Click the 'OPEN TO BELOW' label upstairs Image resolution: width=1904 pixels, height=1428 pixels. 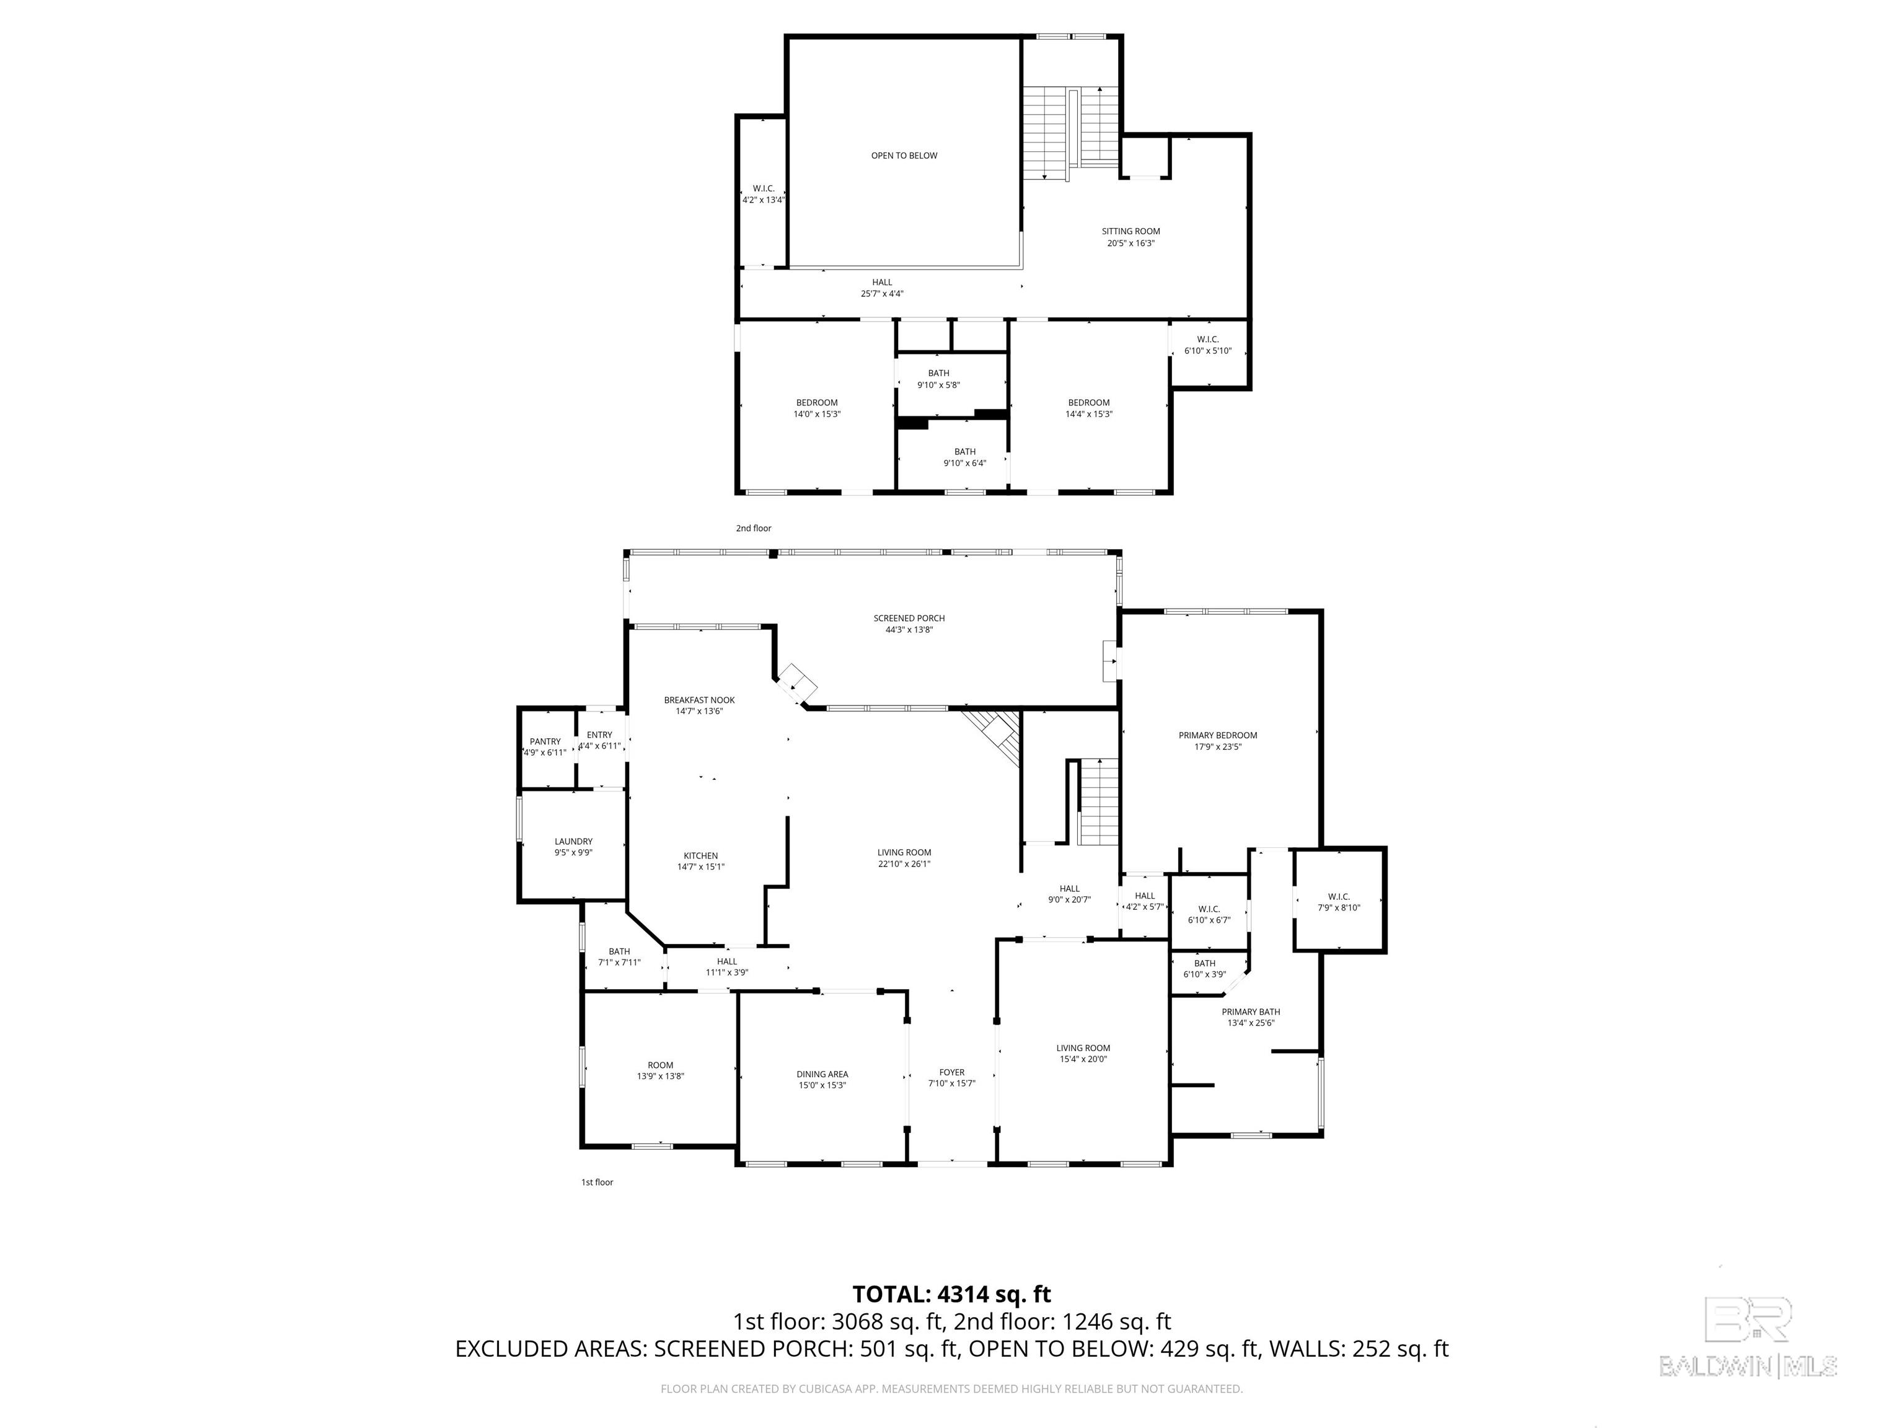click(x=904, y=156)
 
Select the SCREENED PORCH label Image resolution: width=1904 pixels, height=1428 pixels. click(x=909, y=618)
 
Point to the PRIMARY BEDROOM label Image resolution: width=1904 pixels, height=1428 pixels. click(x=1218, y=735)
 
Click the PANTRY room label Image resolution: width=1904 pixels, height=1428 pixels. click(x=545, y=741)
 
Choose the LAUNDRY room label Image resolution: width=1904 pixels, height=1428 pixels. click(x=573, y=842)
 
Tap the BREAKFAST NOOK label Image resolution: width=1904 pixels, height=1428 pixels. click(x=699, y=700)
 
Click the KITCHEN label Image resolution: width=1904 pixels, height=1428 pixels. click(x=700, y=855)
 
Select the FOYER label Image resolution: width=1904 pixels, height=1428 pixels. click(x=952, y=1072)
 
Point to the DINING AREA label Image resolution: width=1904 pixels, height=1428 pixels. click(x=822, y=1074)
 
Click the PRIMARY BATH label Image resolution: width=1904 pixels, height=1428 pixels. click(x=1251, y=1012)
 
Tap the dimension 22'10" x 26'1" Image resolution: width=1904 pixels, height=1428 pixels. click(x=904, y=864)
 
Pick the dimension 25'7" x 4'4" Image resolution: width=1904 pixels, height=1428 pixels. click(x=883, y=294)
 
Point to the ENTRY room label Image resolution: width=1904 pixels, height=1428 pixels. click(x=599, y=735)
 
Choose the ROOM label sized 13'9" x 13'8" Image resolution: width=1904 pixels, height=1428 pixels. click(x=660, y=1065)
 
